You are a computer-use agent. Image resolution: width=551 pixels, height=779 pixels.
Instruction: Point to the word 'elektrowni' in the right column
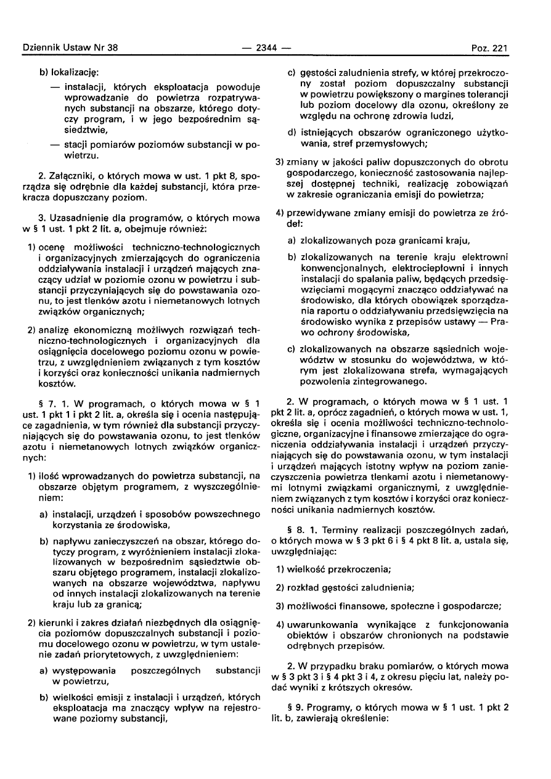coord(486,256)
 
